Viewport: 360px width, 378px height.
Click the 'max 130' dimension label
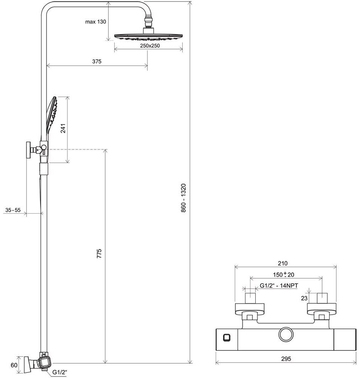coord(95,22)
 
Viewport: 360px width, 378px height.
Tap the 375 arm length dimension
coord(96,61)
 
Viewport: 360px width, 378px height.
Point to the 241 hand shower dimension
coord(64,129)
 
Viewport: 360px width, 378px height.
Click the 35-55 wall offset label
coord(13,210)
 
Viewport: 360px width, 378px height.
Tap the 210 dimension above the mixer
coord(283,263)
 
